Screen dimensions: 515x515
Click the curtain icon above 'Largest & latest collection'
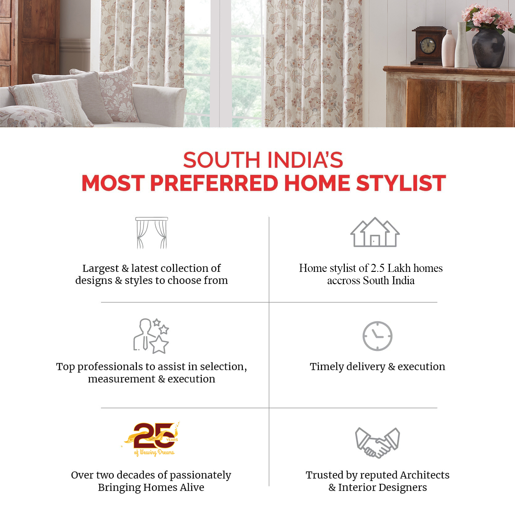tap(152, 233)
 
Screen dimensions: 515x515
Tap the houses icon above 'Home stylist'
tap(375, 232)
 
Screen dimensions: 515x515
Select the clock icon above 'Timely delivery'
tap(377, 336)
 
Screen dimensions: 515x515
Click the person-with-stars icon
tap(151, 336)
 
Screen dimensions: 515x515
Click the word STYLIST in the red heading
tap(401, 183)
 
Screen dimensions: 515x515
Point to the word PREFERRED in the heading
tap(214, 183)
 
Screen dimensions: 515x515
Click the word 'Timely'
tap(327, 367)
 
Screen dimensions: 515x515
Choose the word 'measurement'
tap(122, 379)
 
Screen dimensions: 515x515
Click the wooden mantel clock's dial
tap(428, 46)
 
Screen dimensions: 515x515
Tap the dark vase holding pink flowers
tap(488, 48)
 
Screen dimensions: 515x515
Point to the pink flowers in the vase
tap(487, 17)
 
